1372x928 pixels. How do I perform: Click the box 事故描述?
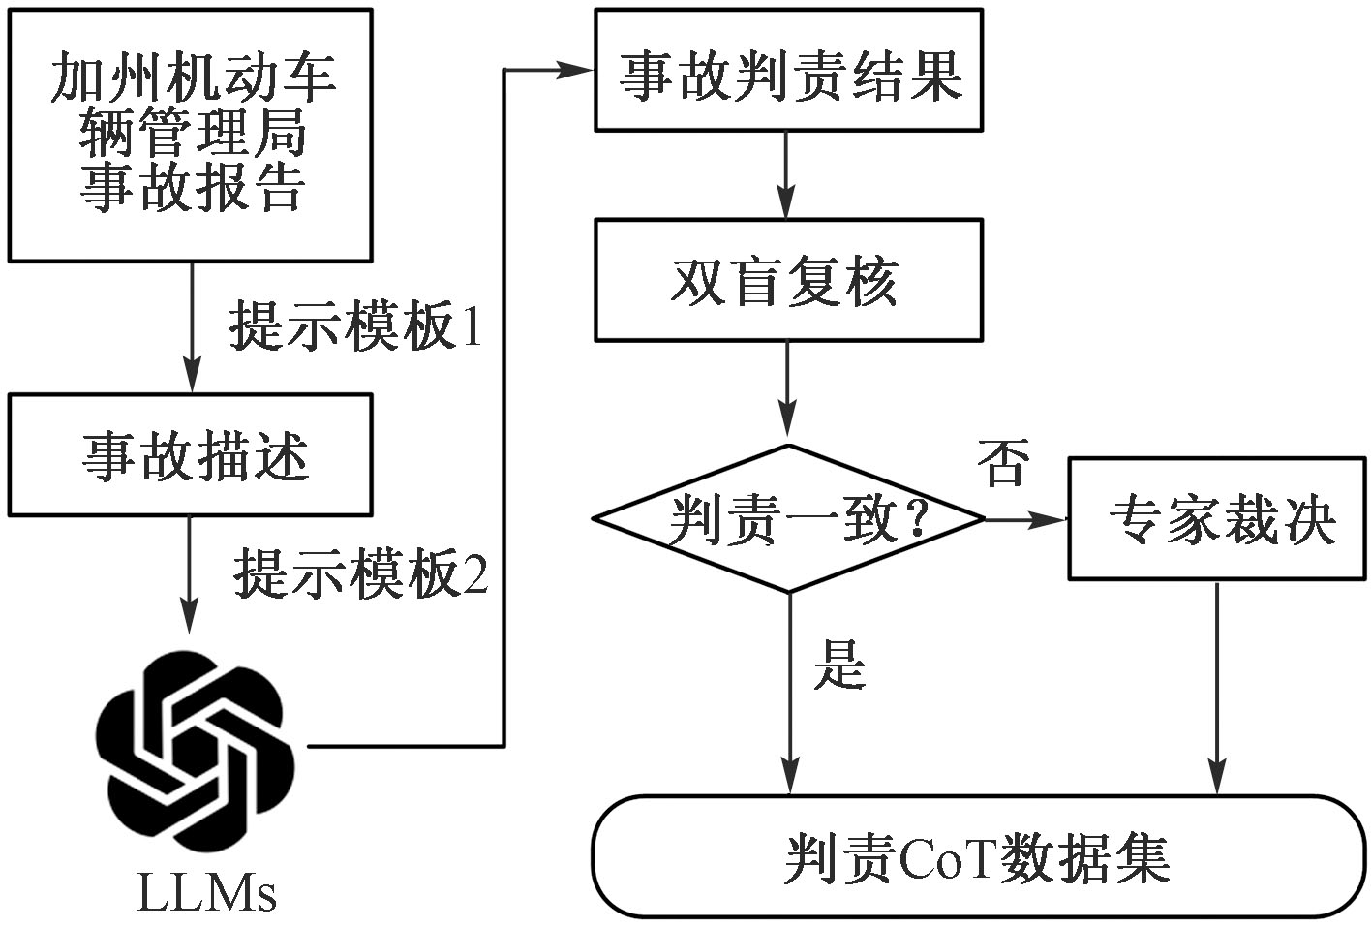pos(190,455)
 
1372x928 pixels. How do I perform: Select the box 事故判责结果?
pos(789,70)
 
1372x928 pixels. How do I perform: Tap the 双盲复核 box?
pos(789,280)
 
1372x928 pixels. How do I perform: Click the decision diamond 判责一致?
pos(789,518)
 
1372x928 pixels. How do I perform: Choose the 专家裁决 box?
pos(1218,518)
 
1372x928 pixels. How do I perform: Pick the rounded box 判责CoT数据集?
pos(980,856)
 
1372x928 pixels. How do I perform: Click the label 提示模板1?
pos(355,326)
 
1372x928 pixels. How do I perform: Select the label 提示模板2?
pos(361,574)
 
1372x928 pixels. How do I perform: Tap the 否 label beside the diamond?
pos(1003,462)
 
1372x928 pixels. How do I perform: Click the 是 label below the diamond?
pos(839,665)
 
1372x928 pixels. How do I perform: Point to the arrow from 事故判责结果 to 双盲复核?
pos(786,175)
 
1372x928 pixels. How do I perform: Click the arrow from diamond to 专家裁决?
pos(1026,520)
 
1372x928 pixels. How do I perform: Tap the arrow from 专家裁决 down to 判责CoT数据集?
pos(1217,688)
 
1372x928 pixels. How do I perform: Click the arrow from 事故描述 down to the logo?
pos(189,575)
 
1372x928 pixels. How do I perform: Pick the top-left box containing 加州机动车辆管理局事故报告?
pos(190,135)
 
